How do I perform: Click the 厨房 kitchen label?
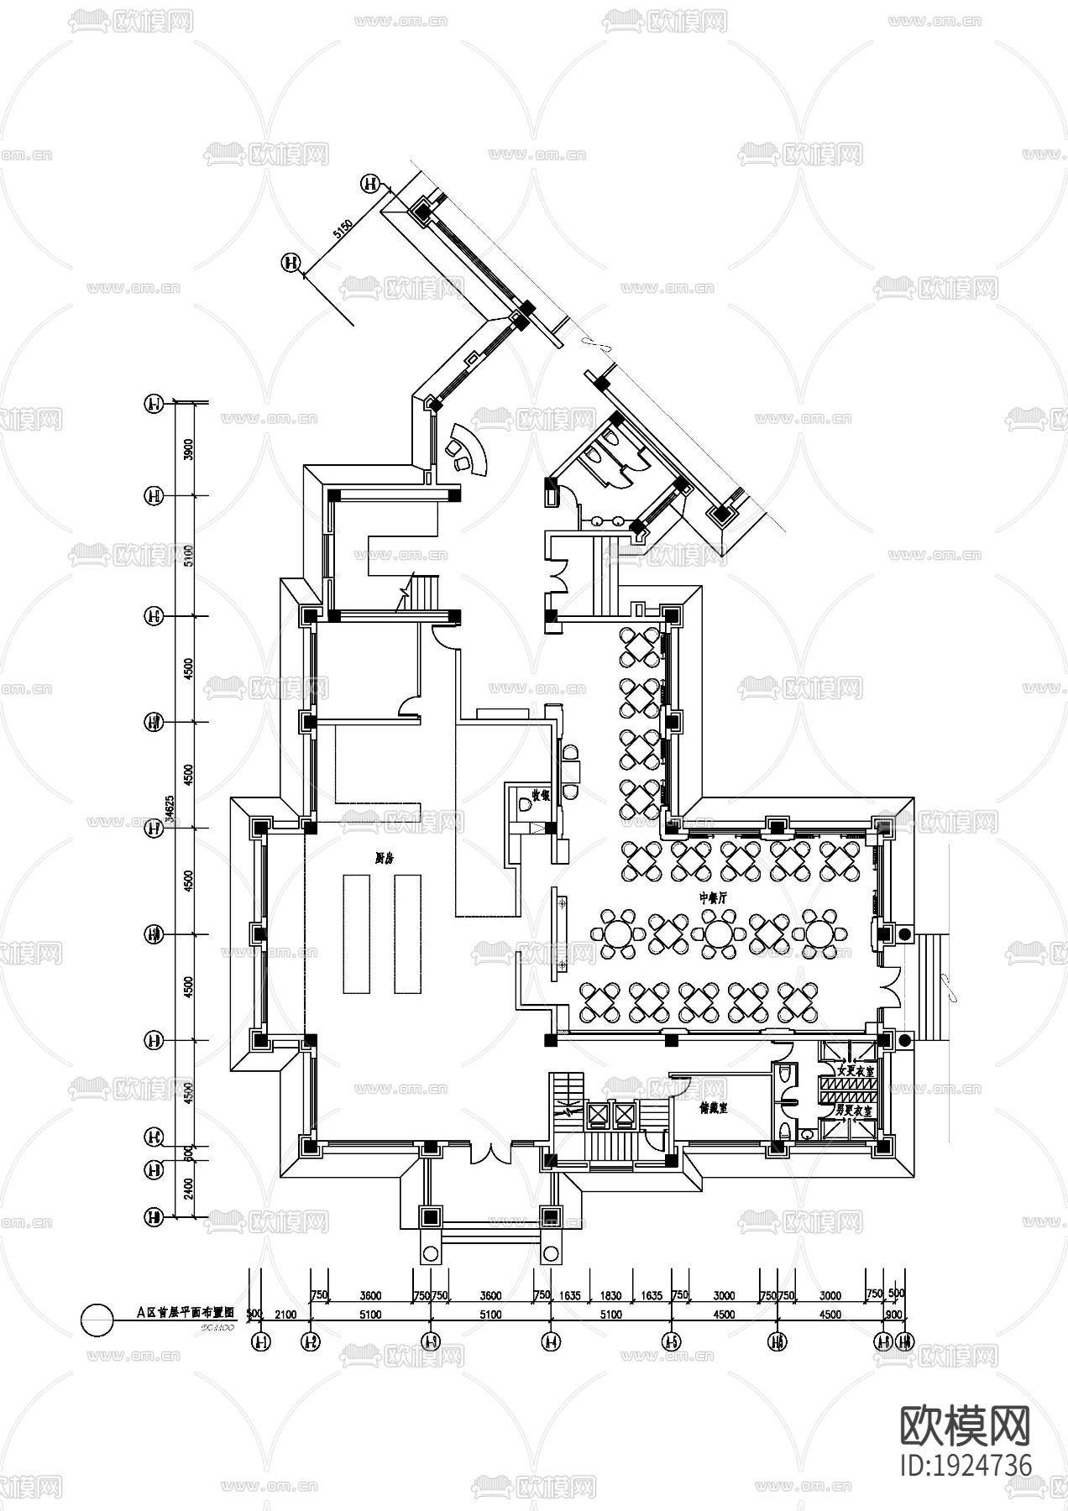click(x=385, y=858)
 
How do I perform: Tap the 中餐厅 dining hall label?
click(x=713, y=897)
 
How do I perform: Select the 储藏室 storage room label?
click(x=713, y=1108)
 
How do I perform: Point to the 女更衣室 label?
click(x=855, y=1072)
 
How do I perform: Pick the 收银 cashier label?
click(x=540, y=796)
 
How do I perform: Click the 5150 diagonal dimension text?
click(x=341, y=229)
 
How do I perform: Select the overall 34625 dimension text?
click(x=170, y=813)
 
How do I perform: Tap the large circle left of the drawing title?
click(x=97, y=1319)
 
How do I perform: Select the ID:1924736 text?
click(x=965, y=1466)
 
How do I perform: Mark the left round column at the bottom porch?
click(x=431, y=1254)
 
